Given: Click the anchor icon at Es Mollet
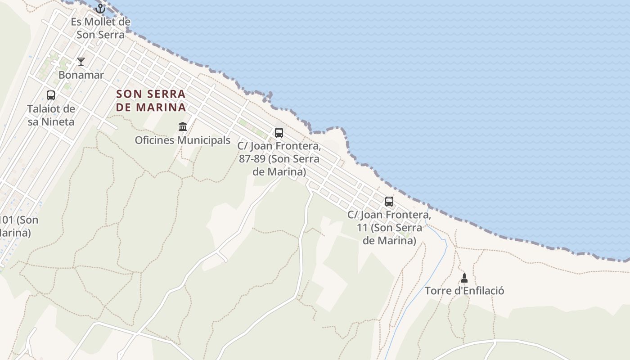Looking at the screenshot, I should tap(100, 9).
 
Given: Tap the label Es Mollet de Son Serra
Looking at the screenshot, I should tap(100, 28).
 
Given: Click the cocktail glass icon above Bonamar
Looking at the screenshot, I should tap(81, 62).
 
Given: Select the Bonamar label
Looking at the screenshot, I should tap(81, 75).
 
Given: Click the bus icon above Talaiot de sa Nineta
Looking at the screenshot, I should tap(51, 95).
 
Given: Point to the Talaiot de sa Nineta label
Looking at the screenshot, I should tap(51, 115).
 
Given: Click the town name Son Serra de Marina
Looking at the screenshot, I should tap(151, 100).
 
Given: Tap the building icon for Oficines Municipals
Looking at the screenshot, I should tap(183, 127).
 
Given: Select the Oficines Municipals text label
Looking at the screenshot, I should tap(183, 140).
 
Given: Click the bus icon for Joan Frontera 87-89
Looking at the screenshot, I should tap(279, 133).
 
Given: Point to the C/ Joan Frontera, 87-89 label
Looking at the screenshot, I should tap(279, 159).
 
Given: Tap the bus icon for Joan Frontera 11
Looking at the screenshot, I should tap(389, 202).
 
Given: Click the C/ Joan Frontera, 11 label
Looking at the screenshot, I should tap(389, 228).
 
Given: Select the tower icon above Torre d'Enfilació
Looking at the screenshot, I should tap(464, 278).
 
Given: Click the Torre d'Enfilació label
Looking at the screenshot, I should tap(464, 291).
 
